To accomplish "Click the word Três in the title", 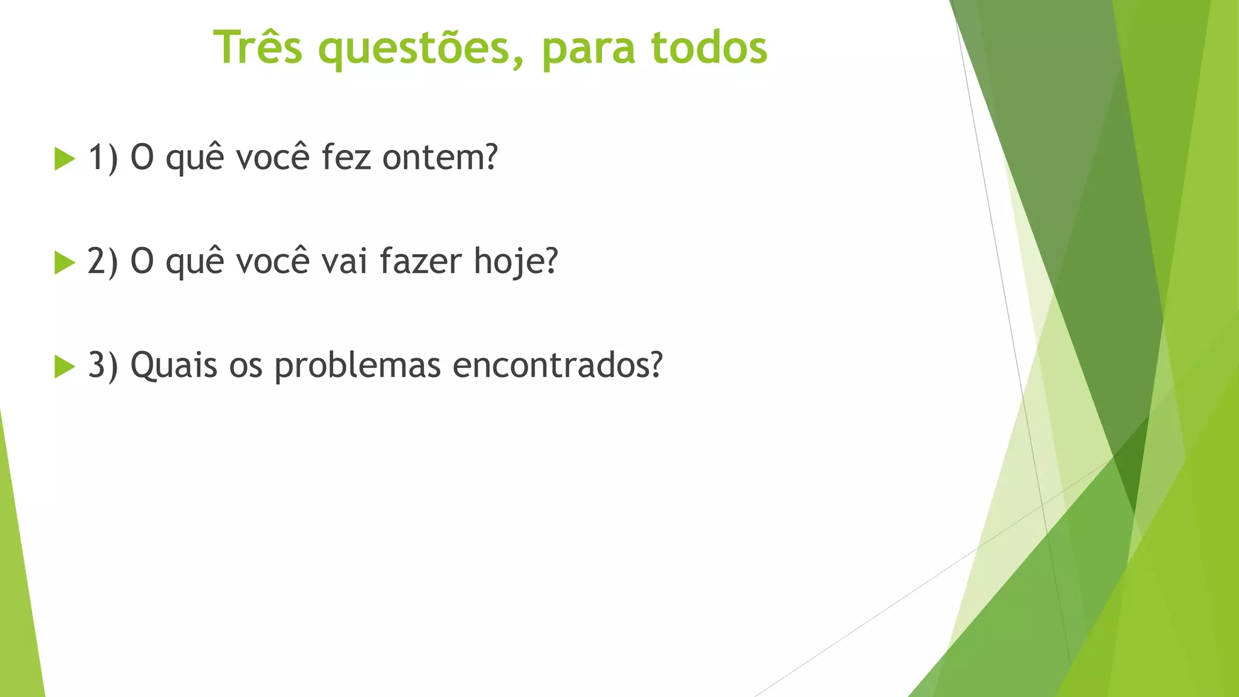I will pyautogui.click(x=257, y=47).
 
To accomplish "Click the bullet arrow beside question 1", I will pyautogui.click(x=64, y=159).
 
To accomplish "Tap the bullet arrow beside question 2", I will pyautogui.click(x=64, y=263).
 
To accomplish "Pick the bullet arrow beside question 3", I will pyautogui.click(x=64, y=366).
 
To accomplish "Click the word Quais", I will pyautogui.click(x=174, y=366).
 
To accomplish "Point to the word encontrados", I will pyautogui.click(x=557, y=365).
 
